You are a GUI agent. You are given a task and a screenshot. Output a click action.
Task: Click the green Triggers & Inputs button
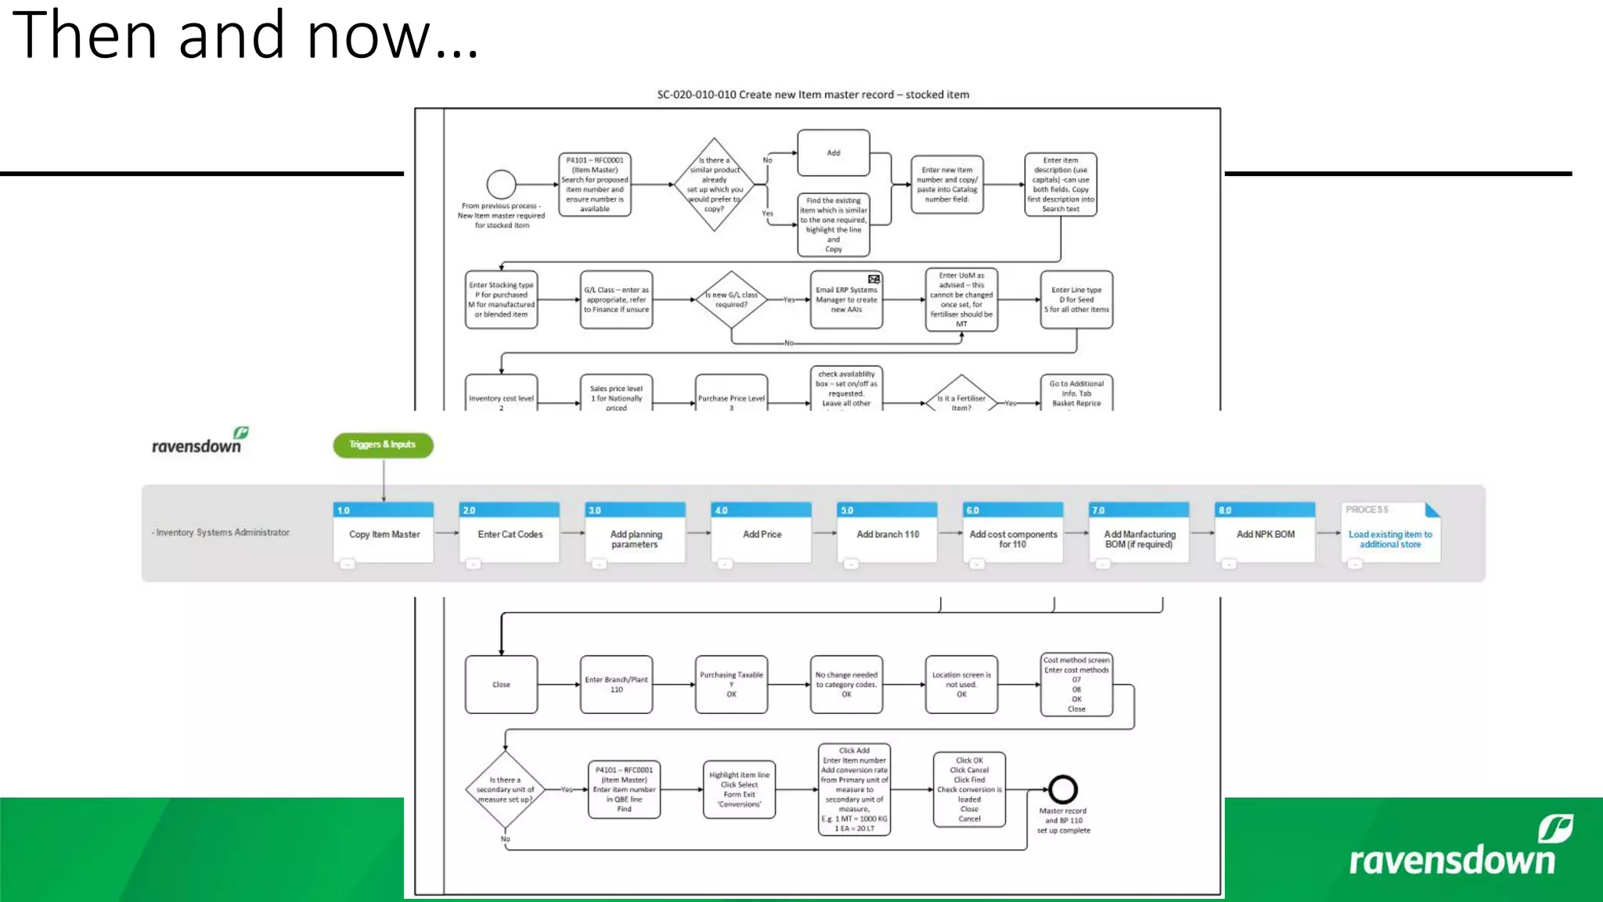[383, 445]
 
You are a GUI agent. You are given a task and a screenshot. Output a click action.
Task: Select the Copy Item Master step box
[384, 534]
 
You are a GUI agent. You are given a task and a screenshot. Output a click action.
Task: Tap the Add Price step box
[762, 534]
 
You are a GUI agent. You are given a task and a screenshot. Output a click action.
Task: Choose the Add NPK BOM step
[1265, 534]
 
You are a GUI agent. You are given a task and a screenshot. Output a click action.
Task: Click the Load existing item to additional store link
[1390, 539]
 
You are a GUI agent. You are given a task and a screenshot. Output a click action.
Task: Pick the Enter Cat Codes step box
[510, 534]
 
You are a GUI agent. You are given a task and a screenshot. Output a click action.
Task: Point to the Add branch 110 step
[887, 534]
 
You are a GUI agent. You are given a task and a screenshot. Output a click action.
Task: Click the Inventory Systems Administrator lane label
[222, 532]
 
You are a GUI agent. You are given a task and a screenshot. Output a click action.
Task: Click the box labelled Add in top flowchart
[834, 153]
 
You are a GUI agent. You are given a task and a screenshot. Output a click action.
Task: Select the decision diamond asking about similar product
[714, 185]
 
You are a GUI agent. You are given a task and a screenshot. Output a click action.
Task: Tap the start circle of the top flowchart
[501, 185]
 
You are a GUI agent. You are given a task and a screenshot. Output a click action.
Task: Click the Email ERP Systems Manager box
[846, 300]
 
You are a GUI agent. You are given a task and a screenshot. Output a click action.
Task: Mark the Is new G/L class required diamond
[731, 300]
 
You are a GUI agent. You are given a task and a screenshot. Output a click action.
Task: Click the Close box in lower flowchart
[501, 684]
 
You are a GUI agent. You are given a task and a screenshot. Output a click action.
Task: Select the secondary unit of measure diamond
[505, 789]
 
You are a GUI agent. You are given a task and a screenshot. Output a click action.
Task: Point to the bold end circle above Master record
[1063, 789]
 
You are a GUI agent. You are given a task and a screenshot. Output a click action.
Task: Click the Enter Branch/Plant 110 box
[616, 684]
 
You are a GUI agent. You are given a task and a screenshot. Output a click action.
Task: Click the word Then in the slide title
[85, 35]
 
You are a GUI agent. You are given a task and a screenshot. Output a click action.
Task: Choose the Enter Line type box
[1076, 300]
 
